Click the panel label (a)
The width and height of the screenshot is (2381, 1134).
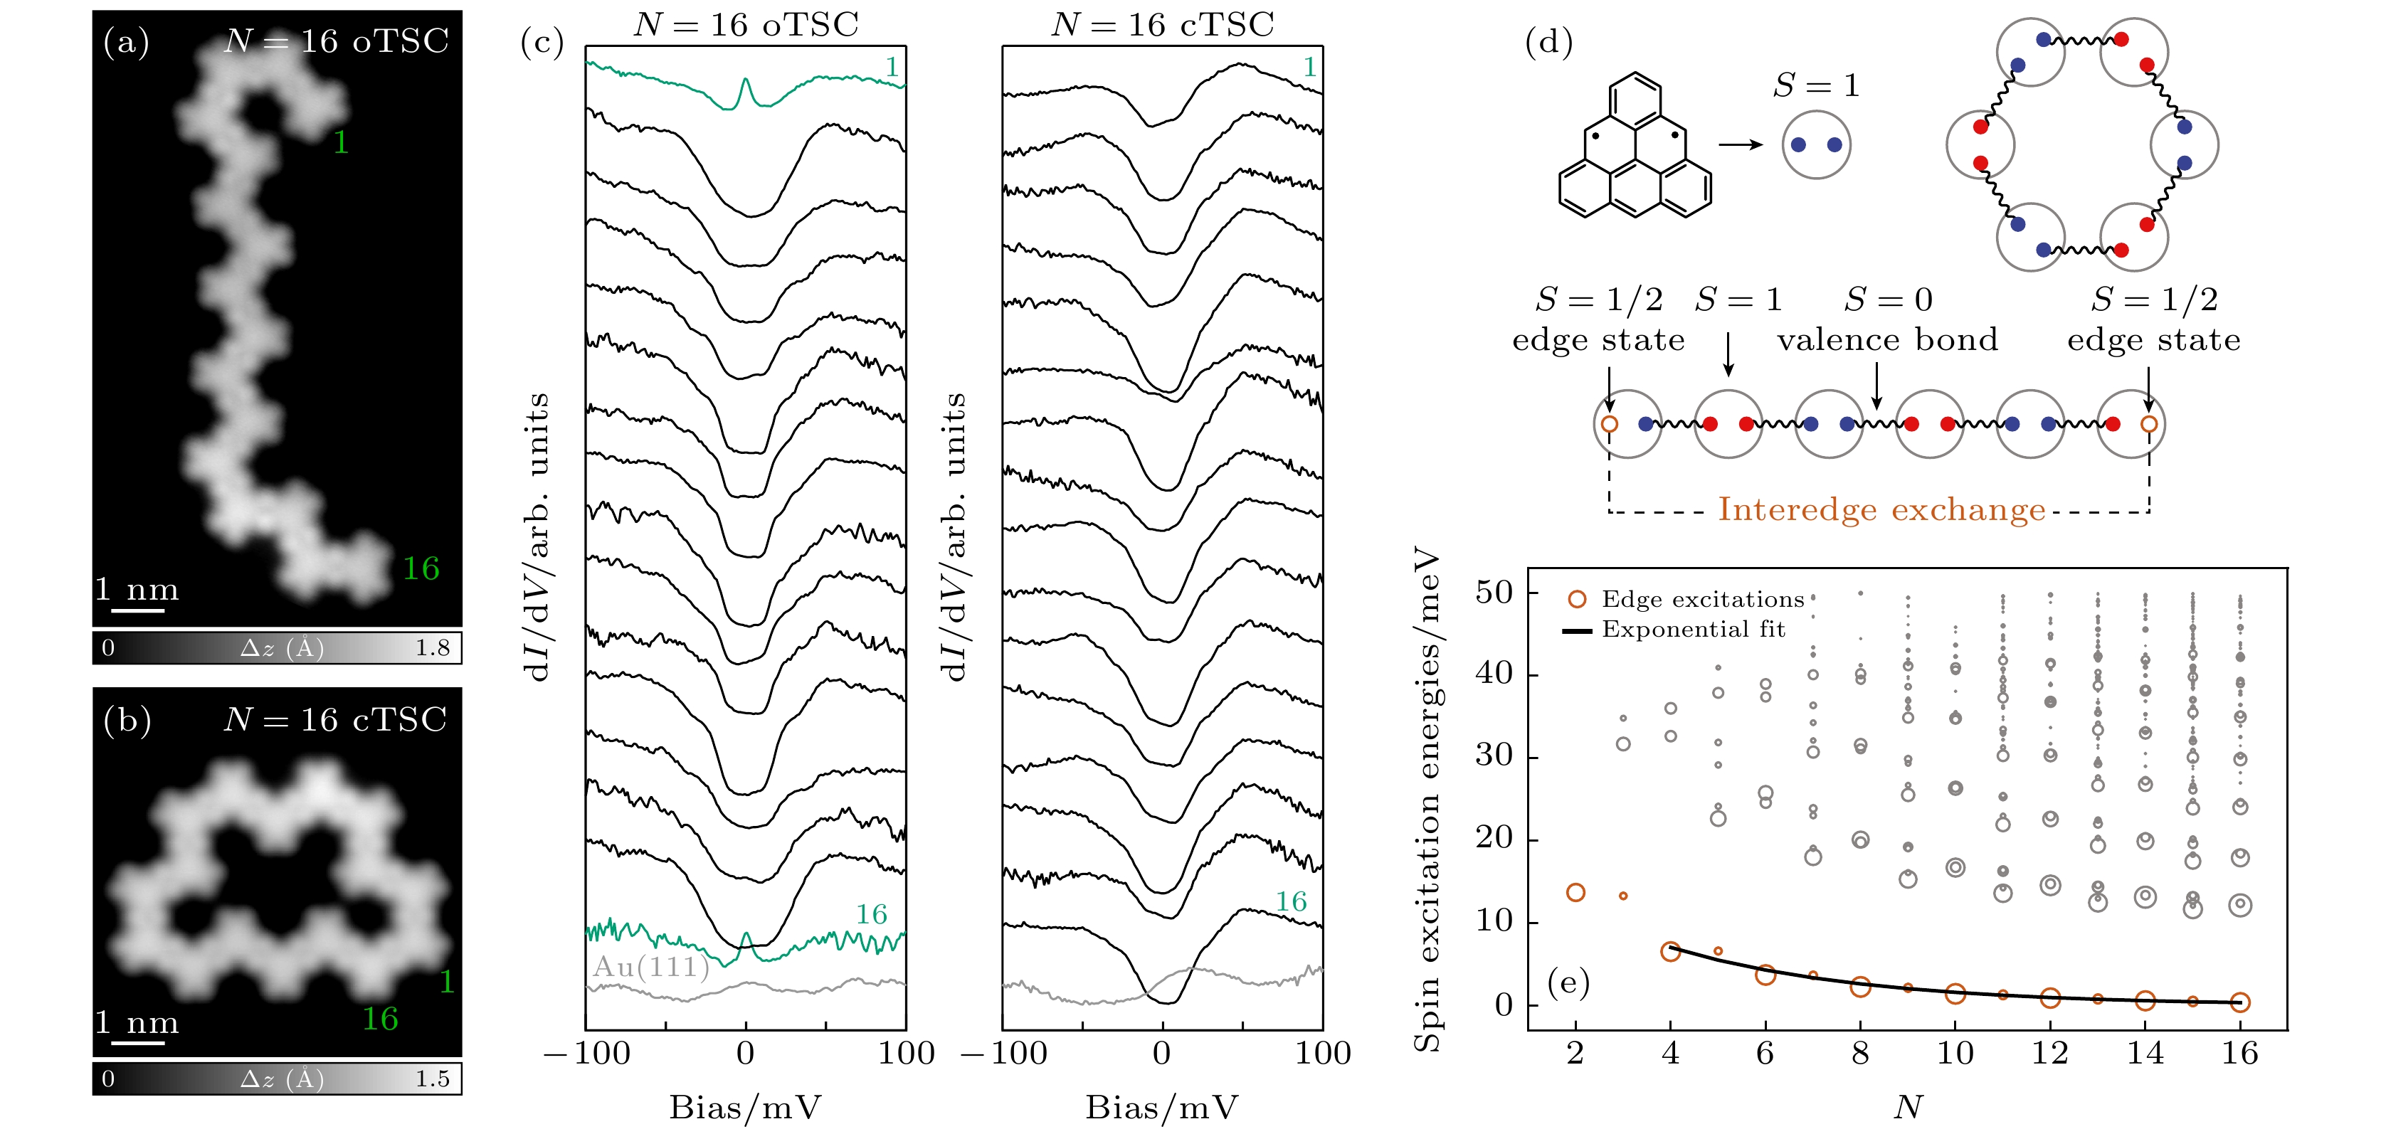point(126,43)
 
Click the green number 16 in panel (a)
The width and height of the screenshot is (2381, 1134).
point(421,568)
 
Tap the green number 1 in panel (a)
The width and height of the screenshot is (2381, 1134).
point(340,142)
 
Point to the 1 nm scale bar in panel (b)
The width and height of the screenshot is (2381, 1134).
point(138,1042)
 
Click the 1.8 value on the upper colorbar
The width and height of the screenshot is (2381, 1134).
point(432,648)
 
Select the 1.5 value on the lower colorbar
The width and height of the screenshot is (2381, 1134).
point(432,1079)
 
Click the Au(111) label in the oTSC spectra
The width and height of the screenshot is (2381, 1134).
point(650,967)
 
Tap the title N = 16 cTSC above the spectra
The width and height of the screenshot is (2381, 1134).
point(1162,24)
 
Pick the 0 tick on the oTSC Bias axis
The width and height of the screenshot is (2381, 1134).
point(745,1054)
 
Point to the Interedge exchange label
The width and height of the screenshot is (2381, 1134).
point(1881,509)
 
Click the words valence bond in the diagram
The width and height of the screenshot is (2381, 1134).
point(1886,339)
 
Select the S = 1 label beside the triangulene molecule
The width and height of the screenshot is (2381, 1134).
point(1815,86)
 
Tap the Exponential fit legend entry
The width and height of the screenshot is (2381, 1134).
point(1692,630)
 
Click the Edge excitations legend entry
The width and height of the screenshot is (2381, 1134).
point(1701,599)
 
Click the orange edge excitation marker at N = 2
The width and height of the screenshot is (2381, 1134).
point(1576,892)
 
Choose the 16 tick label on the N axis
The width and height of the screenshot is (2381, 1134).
point(2239,1054)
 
